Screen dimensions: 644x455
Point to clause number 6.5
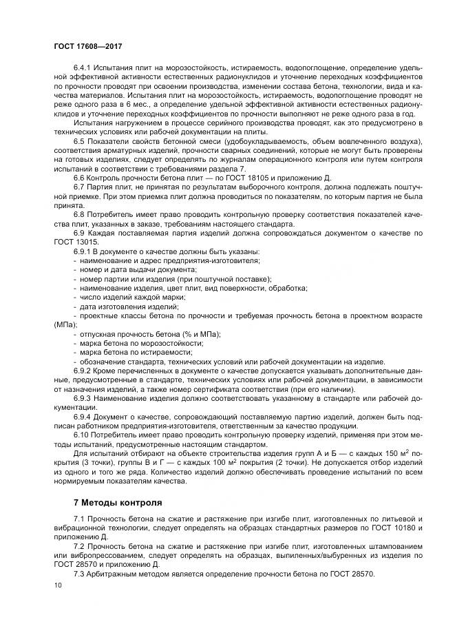tap(79, 141)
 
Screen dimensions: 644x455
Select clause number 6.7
tap(79, 186)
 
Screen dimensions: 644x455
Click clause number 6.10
tap(81, 435)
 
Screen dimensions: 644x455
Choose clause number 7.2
tap(79, 544)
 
